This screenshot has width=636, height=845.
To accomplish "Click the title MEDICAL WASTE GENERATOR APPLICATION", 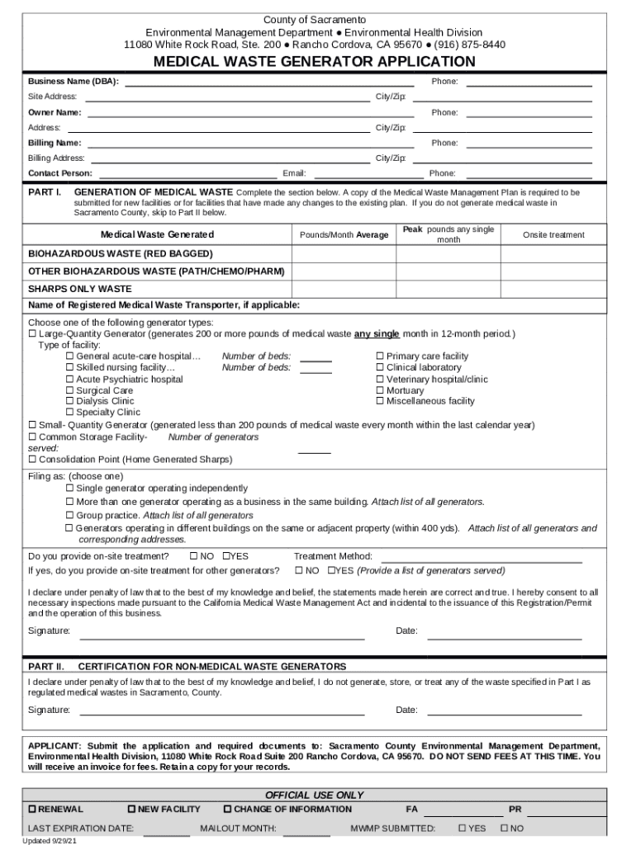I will point(315,62).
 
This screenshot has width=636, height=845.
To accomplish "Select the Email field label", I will point(294,173).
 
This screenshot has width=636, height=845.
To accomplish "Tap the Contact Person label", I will point(60,173).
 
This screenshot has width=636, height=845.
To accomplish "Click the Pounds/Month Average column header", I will point(344,235).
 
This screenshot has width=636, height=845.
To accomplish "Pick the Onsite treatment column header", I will point(553,235).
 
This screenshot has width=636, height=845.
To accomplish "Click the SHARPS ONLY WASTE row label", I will point(80,289).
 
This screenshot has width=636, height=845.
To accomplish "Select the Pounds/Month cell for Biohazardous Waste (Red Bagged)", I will point(344,253).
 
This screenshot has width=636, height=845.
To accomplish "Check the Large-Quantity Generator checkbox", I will point(32,334).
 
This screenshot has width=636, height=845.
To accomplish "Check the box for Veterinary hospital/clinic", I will point(380,380).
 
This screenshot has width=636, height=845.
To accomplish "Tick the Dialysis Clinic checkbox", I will point(70,401).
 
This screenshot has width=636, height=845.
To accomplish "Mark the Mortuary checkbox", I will point(380,390).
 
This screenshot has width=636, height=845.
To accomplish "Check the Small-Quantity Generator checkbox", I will point(32,425).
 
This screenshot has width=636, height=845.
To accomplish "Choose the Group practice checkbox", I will point(70,515).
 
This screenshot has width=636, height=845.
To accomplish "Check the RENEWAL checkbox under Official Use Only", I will point(33,809).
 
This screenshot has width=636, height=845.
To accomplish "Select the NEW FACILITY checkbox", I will point(132,809).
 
